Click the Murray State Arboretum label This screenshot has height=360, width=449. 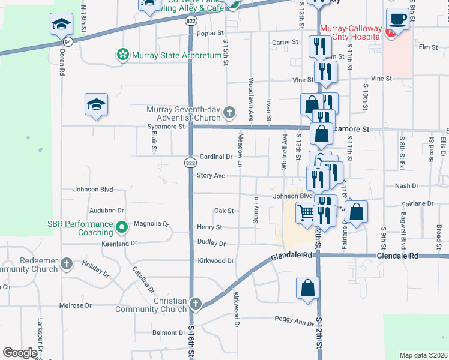pyautogui.click(x=177, y=55)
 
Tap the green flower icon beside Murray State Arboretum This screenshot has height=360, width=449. pyautogui.click(x=123, y=55)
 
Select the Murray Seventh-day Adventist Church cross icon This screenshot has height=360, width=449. pyautogui.click(x=229, y=112)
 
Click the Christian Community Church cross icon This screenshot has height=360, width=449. pyautogui.click(x=196, y=304)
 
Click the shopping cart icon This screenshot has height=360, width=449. pyautogui.click(x=306, y=212)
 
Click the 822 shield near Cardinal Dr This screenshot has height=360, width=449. pyautogui.click(x=190, y=163)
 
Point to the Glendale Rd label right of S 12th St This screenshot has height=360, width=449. pyautogui.click(x=397, y=256)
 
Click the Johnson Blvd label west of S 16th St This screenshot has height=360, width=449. pyautogui.click(x=93, y=190)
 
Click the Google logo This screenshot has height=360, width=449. pyautogui.click(x=20, y=353)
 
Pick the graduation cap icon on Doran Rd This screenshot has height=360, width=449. pyautogui.click(x=59, y=25)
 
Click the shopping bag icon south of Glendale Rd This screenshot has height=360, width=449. pyautogui.click(x=307, y=287)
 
